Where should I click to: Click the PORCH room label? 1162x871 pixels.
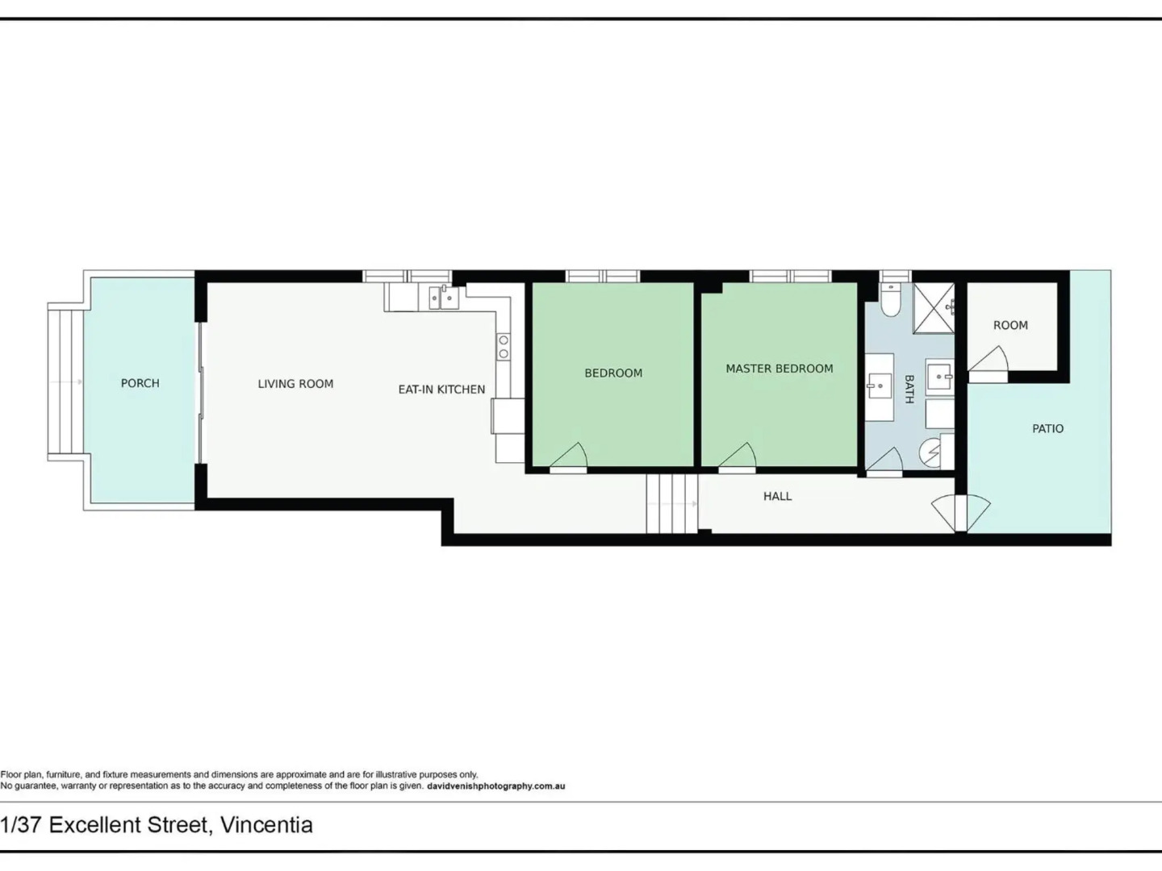pos(140,383)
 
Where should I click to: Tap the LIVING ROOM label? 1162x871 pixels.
pos(295,384)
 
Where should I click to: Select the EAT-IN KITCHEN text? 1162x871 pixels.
pos(441,390)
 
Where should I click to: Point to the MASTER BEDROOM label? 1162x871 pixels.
pos(779,369)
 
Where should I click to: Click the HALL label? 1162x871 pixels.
pos(777,496)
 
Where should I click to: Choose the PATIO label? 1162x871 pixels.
pos(1047,429)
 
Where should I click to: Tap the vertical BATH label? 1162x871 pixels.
pos(909,389)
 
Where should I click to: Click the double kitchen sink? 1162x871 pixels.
pos(443,298)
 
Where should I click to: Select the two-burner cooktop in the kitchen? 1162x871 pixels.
pos(504,348)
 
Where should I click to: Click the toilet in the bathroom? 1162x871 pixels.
pos(891,301)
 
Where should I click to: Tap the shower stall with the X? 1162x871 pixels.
pos(934,308)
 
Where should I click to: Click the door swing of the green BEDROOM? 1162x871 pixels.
pos(571,457)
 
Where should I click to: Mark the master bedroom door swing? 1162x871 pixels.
pos(738,457)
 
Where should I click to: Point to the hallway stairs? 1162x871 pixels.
pos(671,504)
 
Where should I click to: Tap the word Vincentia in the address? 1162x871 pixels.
pos(266,825)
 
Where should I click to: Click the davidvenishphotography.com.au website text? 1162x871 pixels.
pos(495,786)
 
